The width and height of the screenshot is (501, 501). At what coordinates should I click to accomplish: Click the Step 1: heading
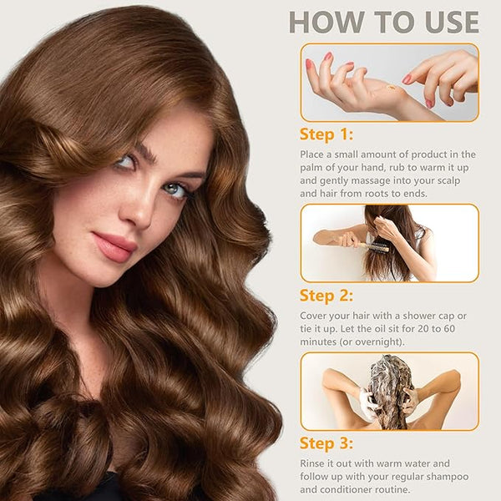[x=326, y=134]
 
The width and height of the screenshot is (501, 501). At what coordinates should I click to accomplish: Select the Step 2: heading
[x=326, y=296]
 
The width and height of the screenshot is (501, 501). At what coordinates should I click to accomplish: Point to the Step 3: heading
[x=326, y=443]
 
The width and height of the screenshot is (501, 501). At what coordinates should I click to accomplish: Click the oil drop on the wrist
[x=392, y=87]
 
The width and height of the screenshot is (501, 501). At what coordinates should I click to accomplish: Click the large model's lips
[x=114, y=246]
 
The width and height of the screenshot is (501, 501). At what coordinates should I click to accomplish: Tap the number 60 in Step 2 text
[x=448, y=329]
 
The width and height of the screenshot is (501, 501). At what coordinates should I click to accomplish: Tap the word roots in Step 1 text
[x=378, y=194]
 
